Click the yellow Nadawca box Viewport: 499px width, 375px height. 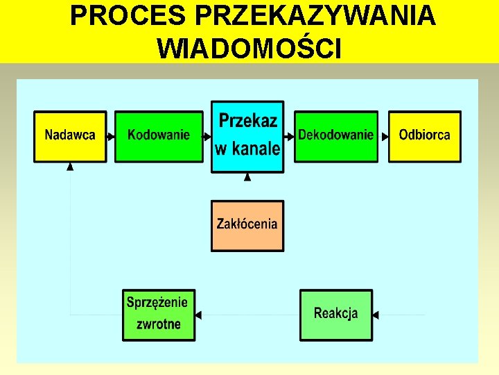[x=70, y=136]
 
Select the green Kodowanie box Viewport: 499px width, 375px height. [x=158, y=136]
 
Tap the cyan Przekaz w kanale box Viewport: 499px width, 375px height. [x=247, y=136]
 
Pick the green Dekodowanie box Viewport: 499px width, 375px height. [x=336, y=136]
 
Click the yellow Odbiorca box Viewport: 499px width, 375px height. [x=424, y=136]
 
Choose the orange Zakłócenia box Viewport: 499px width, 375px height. [x=247, y=225]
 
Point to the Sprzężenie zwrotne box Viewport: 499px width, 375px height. [x=159, y=315]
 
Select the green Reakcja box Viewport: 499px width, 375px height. [x=336, y=315]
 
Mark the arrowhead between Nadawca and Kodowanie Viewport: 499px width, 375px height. [x=111, y=137]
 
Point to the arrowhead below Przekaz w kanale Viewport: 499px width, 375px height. [x=247, y=177]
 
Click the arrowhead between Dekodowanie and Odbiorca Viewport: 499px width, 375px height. [x=385, y=137]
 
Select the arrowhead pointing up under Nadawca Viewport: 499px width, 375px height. [x=70, y=167]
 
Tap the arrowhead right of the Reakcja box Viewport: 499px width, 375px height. [x=376, y=315]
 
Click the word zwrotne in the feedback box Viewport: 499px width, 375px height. [x=159, y=324]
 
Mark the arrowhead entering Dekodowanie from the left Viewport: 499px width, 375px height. [x=291, y=137]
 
